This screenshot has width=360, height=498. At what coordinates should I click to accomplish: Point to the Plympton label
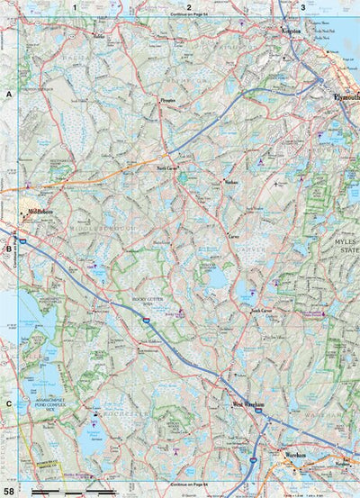tap(167, 102)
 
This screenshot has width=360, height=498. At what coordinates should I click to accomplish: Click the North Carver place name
tap(168, 167)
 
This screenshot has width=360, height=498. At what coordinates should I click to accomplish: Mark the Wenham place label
tap(229, 181)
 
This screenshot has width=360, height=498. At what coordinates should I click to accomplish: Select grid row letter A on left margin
tap(9, 95)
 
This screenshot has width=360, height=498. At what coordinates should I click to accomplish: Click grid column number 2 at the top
tap(188, 7)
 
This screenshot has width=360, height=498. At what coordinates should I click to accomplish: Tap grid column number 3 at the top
tap(302, 7)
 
